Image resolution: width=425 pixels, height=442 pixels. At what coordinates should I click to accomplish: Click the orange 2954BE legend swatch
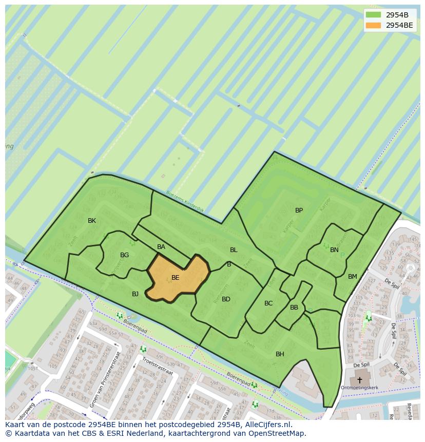(x=374, y=25)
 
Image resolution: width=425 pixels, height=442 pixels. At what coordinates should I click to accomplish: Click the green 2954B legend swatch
(x=374, y=15)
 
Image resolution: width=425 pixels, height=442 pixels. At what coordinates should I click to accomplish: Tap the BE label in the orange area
(x=175, y=278)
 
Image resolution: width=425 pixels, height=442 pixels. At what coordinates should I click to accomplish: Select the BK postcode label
(x=92, y=221)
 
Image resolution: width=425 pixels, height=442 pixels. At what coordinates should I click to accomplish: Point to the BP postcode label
(x=299, y=210)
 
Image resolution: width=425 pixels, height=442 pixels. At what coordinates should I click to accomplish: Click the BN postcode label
(x=334, y=250)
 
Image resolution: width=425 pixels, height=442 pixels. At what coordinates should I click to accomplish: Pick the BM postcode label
(x=352, y=277)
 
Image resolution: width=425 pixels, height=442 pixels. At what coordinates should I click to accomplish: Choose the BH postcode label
(x=280, y=354)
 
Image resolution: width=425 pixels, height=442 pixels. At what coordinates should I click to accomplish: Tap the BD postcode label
(x=226, y=299)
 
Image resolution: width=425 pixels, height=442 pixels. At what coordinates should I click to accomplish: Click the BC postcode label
(x=268, y=303)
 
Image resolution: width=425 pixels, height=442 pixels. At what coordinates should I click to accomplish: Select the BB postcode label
(x=294, y=308)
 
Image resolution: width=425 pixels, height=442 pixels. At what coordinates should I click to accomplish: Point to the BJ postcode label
(x=135, y=294)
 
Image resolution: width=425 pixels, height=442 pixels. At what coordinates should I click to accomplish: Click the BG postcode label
(x=124, y=255)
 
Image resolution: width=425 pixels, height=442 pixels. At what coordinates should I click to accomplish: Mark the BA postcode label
(x=161, y=247)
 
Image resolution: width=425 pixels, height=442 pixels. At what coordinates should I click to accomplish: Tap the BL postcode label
(x=234, y=250)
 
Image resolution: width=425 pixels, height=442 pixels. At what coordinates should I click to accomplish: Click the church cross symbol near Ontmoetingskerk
(x=359, y=380)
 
